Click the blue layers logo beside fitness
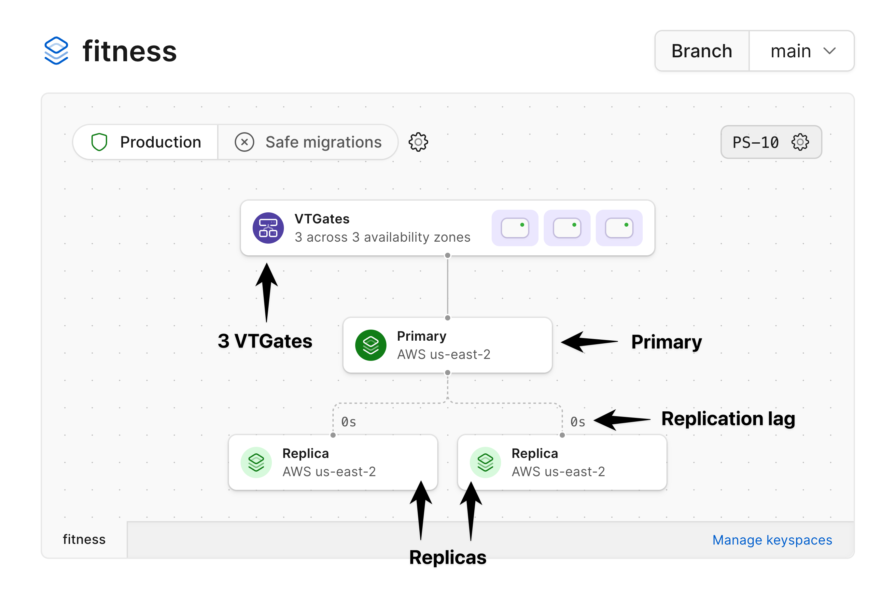56,51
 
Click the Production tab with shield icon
146,142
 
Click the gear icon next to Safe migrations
418,142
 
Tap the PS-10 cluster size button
771,142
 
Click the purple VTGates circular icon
268,228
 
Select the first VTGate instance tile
514,228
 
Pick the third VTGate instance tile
619,228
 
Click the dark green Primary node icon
371,345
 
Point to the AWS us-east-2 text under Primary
443,354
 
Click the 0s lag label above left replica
348,422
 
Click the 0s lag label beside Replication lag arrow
577,422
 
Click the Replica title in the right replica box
534,453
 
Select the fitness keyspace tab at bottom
84,539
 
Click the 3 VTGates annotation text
265,341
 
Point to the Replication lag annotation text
728,419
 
